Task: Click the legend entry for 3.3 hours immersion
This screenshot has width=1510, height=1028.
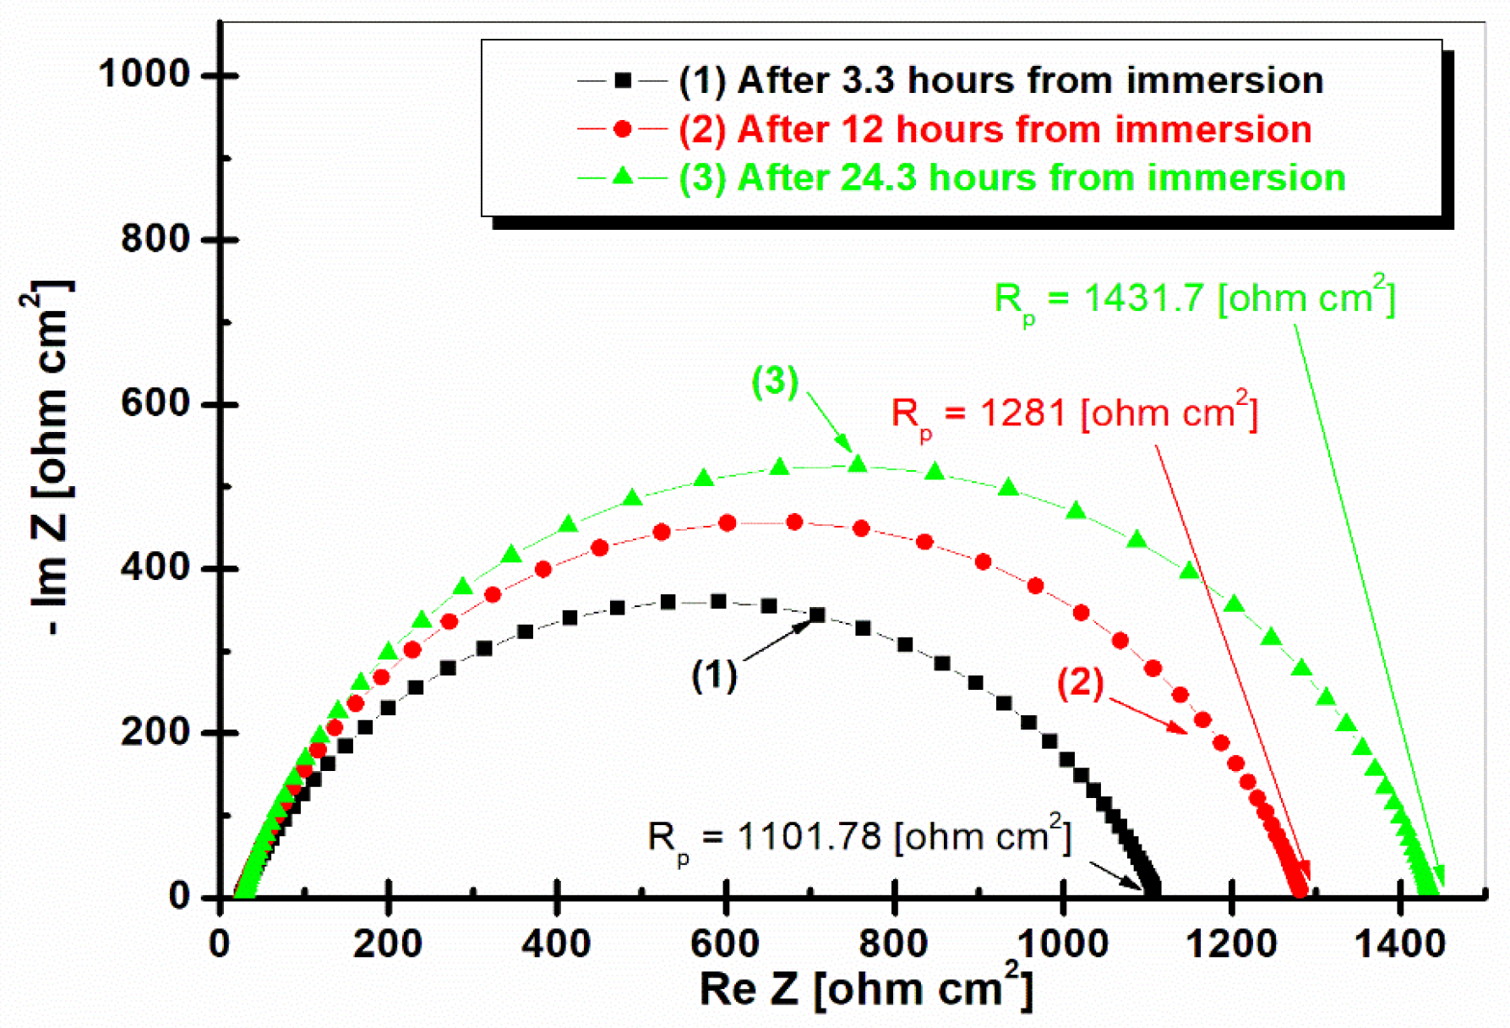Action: (1000, 81)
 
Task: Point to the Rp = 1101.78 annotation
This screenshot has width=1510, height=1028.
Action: (859, 838)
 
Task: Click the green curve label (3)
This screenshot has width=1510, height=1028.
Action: (775, 381)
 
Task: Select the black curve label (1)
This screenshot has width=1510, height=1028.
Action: (714, 675)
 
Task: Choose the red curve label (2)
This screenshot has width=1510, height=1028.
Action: (1081, 682)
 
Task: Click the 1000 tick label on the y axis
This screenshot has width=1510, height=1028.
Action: (144, 74)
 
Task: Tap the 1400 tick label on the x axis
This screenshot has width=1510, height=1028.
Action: (1399, 942)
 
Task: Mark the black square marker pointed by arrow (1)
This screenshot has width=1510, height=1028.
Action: (817, 615)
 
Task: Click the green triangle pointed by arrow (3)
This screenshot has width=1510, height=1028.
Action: (858, 463)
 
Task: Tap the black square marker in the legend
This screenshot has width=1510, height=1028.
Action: (623, 81)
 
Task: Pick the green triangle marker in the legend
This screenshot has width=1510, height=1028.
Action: (623, 177)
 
